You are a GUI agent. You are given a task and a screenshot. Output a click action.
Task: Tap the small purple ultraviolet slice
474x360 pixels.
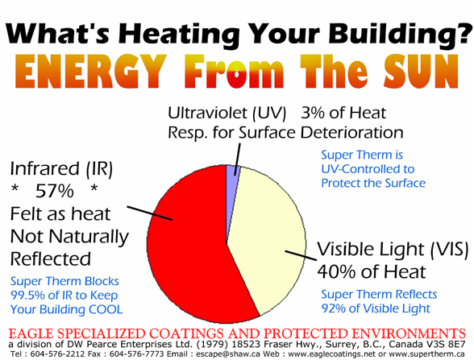[x=233, y=171]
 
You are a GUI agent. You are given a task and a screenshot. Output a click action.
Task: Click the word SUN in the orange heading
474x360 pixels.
[x=422, y=71]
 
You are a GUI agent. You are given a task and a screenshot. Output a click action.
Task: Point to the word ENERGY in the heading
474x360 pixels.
[x=90, y=71]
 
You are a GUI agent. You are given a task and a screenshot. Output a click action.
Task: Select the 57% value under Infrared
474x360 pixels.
[x=55, y=191]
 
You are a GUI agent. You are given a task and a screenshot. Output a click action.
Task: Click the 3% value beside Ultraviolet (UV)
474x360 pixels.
[x=313, y=113]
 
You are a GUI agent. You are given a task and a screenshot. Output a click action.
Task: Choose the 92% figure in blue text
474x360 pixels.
[x=333, y=308]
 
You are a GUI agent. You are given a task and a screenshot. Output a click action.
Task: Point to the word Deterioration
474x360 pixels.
[x=351, y=133]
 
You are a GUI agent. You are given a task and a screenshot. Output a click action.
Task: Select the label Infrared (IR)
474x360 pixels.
[x=61, y=169]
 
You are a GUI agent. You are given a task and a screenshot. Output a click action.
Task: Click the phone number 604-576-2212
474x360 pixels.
[x=52, y=354]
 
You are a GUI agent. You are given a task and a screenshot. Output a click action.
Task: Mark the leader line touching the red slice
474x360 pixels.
[x=150, y=213]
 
